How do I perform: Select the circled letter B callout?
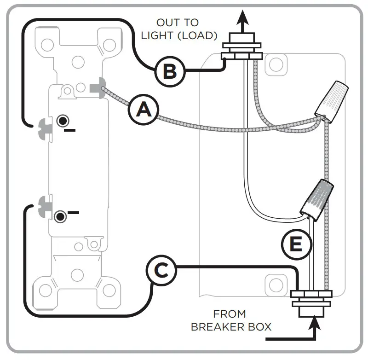170,71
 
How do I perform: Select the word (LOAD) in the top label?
199,35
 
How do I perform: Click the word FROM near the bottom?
230,314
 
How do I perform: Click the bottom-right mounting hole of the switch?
109,290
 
